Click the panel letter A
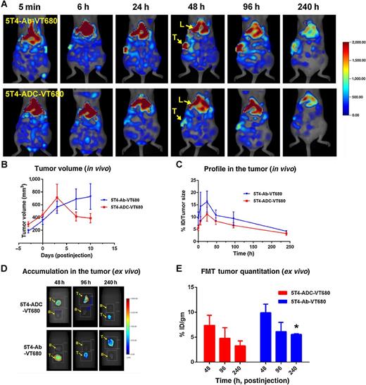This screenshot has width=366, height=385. click(x=6, y=5)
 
